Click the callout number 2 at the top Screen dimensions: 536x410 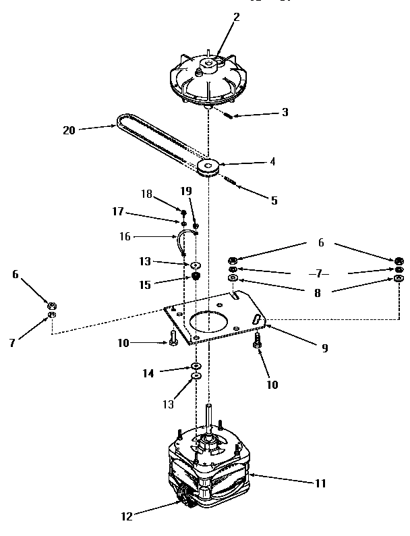[235, 17]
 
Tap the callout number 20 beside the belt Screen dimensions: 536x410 [69, 130]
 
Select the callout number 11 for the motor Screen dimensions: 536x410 [320, 483]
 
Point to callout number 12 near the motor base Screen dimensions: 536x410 [127, 517]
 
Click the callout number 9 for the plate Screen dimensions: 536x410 [324, 348]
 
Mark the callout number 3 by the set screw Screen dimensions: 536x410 [285, 112]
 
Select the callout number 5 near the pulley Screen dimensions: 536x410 [274, 200]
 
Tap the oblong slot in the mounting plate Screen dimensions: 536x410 [256, 319]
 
